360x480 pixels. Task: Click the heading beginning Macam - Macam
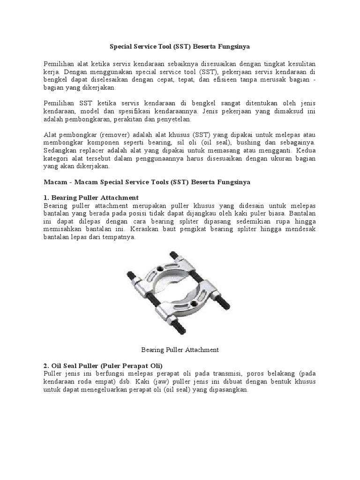(147, 181)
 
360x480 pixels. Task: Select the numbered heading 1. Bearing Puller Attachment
(91, 197)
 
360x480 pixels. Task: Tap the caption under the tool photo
(180, 349)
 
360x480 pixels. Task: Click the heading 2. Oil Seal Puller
(103, 365)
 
